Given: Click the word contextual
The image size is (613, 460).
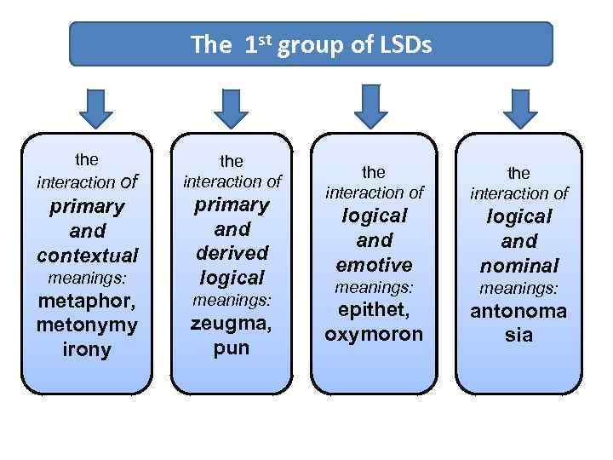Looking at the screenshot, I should pyautogui.click(x=87, y=255).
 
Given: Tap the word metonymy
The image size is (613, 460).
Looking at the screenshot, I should pyautogui.click(x=87, y=325).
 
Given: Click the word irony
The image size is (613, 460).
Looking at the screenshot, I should pyautogui.click(x=87, y=349).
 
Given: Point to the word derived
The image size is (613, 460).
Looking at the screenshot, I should pyautogui.click(x=232, y=253).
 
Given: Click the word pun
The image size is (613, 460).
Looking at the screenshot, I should pyautogui.click(x=232, y=348).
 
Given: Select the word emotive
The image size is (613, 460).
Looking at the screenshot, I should pyautogui.click(x=374, y=264).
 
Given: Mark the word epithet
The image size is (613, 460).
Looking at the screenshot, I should pyautogui.click(x=374, y=309).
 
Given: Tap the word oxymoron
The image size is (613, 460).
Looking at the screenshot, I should pyautogui.click(x=374, y=333).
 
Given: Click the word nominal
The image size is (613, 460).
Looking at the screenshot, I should pyautogui.click(x=518, y=266).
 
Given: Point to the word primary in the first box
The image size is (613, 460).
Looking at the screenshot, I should pyautogui.click(x=87, y=206).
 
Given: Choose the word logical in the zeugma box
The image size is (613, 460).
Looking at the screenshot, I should pyautogui.click(x=232, y=277).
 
